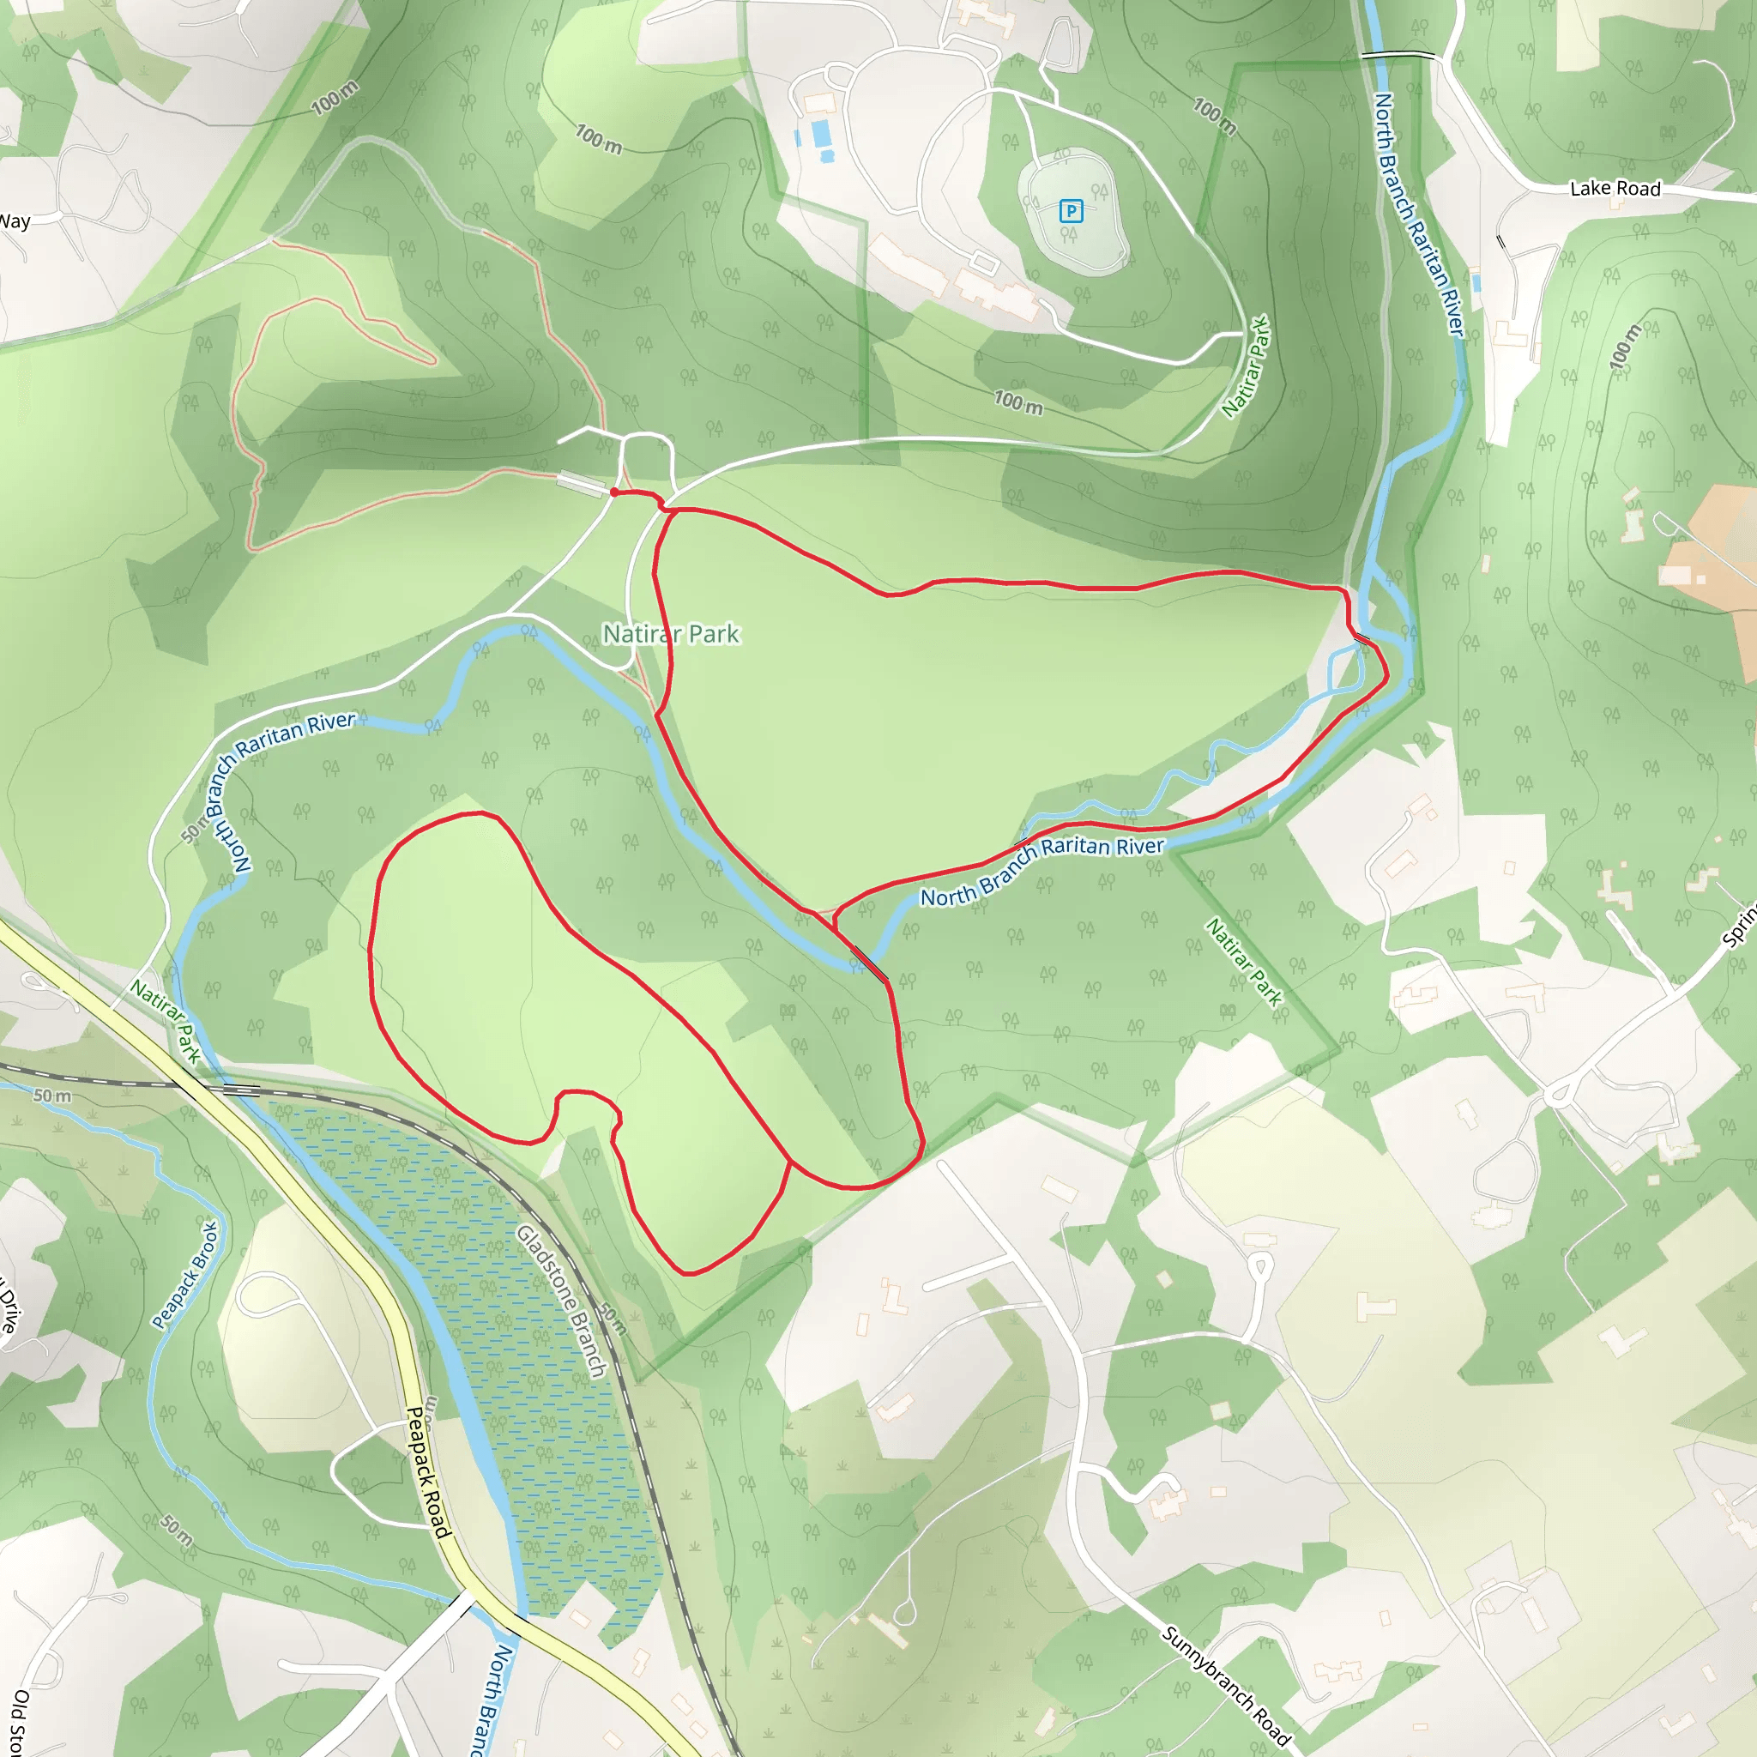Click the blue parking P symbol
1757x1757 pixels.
pos(1072,212)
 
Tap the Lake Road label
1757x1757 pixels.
pos(1615,188)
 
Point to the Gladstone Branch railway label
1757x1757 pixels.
pos(562,1301)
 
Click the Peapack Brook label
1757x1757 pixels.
pos(185,1275)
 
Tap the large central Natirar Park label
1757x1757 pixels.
pos(671,634)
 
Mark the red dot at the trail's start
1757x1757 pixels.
pos(615,492)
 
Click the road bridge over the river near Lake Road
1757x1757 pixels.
pos(1397,57)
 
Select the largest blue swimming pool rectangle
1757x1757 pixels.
pos(821,133)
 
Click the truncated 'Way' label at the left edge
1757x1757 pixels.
pos(15,221)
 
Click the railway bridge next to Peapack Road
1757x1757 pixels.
pos(239,1088)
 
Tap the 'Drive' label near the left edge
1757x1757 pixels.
pos(7,1306)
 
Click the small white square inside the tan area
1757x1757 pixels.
pos(1700,579)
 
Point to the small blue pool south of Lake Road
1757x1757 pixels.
pos(1475,283)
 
